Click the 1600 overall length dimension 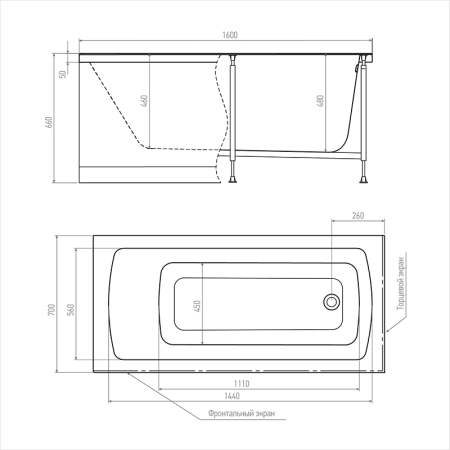[230, 35]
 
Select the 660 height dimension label [49, 123]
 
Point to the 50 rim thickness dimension [63, 74]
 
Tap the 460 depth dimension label [144, 101]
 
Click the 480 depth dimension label [320, 101]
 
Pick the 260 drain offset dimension [358, 216]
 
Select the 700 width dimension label [52, 310]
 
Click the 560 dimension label [71, 310]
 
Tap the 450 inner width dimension [197, 306]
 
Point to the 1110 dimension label [241, 384]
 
